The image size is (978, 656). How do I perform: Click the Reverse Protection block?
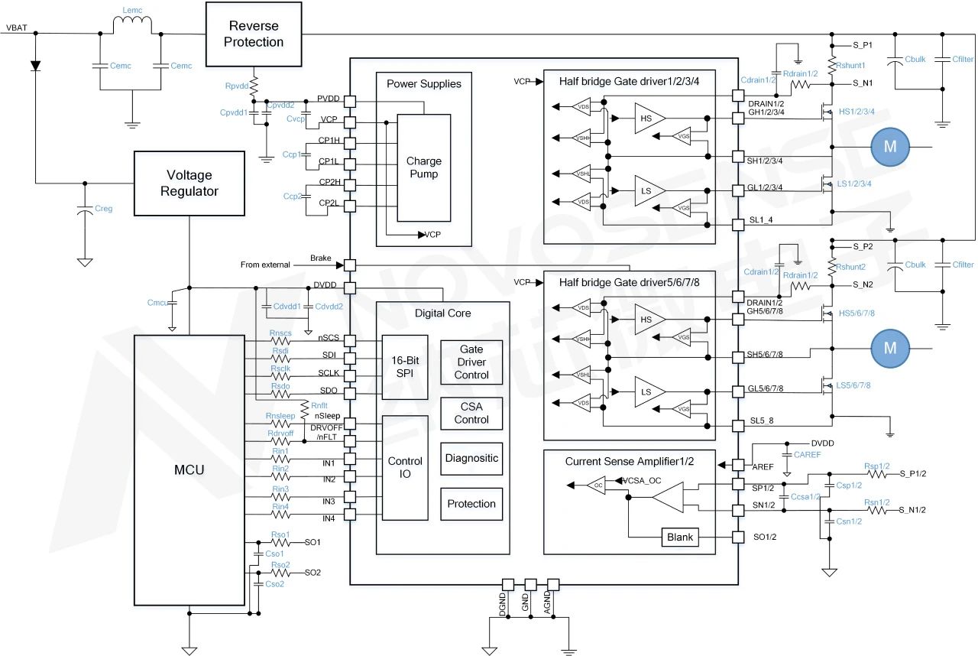[x=254, y=34]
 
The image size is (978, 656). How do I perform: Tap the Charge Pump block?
[x=423, y=167]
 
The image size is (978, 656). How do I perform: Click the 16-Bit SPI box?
[x=405, y=362]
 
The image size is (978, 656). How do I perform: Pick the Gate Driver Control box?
[x=471, y=362]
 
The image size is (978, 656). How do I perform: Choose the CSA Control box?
[x=471, y=413]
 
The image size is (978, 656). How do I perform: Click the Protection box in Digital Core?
[x=471, y=504]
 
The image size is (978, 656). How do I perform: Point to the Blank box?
[x=679, y=537]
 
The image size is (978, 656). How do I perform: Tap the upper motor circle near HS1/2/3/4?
[x=889, y=147]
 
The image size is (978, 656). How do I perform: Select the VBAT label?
[x=18, y=28]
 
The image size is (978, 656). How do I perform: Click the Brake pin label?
[x=320, y=258]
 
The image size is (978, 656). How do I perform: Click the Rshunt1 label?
[x=851, y=67]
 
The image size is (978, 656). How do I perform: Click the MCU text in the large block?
[x=188, y=469]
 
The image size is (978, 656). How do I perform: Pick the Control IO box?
[x=405, y=467]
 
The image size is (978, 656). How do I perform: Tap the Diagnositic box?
[x=471, y=458]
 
